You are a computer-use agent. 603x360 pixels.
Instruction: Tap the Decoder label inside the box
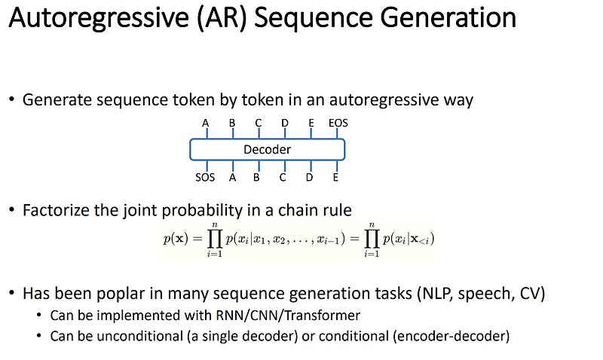click(x=267, y=150)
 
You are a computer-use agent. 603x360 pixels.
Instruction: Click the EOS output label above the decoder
click(x=338, y=123)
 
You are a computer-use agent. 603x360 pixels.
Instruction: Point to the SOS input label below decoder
click(x=204, y=178)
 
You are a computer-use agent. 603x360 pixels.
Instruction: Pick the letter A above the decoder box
click(x=206, y=123)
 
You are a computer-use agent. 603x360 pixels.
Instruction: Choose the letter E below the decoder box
click(x=335, y=178)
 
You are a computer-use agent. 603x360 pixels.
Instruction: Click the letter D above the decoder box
click(x=284, y=123)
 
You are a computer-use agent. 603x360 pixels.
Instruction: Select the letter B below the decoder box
click(x=256, y=178)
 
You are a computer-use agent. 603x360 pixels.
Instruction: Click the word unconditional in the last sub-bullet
click(x=136, y=336)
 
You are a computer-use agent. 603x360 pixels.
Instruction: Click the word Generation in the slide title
click(x=446, y=18)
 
